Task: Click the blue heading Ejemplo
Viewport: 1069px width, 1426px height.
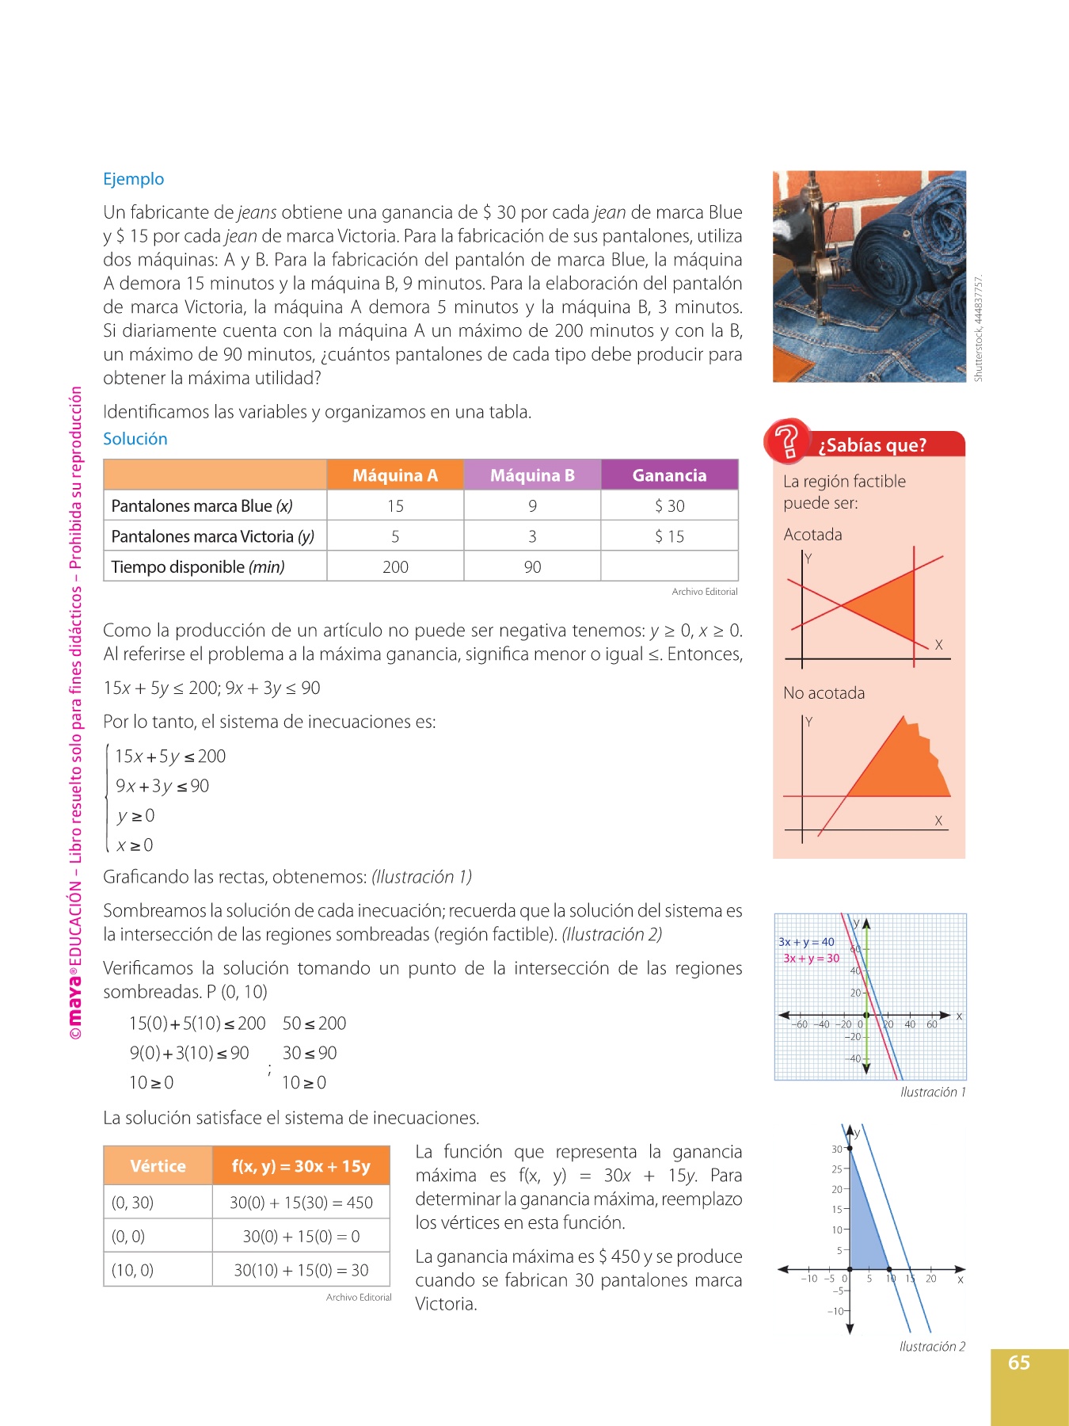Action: click(x=133, y=179)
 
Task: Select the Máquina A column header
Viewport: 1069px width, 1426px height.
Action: click(x=394, y=475)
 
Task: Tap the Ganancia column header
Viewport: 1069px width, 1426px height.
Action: click(x=669, y=475)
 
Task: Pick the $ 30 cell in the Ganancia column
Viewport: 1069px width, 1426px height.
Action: click(x=669, y=506)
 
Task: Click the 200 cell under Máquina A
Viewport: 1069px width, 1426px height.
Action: click(x=395, y=567)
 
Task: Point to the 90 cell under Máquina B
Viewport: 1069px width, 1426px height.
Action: click(x=532, y=567)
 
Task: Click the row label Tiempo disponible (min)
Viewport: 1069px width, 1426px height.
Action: click(x=198, y=567)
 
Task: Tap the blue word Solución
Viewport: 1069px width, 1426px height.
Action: click(x=135, y=439)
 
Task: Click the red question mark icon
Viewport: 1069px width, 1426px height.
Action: click(x=786, y=441)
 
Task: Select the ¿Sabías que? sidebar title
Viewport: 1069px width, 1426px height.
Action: click(x=872, y=445)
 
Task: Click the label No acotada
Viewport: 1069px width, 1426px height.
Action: click(x=824, y=693)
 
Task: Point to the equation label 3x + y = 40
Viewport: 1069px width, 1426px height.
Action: click(x=806, y=942)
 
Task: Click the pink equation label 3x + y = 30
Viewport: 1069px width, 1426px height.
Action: click(x=811, y=959)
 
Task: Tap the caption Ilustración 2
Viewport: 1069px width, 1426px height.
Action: click(x=932, y=1347)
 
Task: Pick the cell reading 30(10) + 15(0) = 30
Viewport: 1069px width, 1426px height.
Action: click(x=301, y=1270)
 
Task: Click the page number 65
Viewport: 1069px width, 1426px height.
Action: click(x=1018, y=1363)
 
